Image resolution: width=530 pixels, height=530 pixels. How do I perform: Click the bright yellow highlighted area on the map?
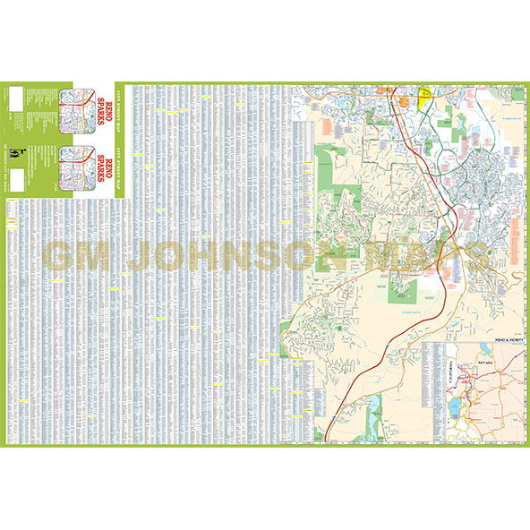tap(424, 94)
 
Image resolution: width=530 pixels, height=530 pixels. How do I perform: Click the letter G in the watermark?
tap(60, 256)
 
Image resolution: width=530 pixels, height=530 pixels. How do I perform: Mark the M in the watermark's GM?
tap(98, 256)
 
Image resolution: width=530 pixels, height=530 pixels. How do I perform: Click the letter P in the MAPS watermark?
tap(441, 256)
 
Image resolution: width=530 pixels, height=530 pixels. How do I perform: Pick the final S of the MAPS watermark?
tap(475, 256)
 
